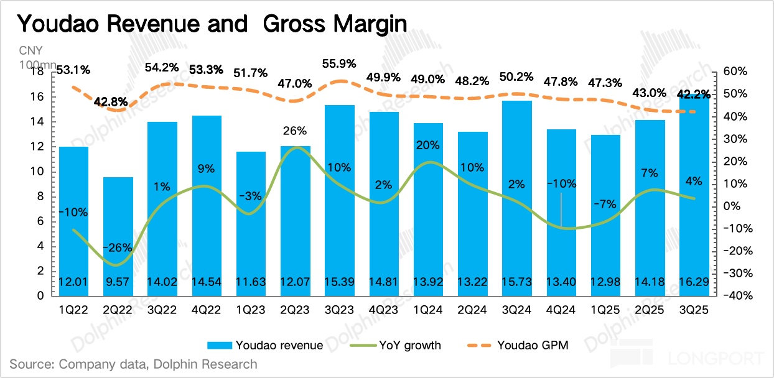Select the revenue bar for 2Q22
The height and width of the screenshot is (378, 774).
tap(118, 236)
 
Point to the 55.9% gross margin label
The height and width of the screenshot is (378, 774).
tap(340, 63)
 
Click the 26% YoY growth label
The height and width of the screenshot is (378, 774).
tap(294, 131)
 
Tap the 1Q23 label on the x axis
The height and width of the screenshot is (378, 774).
tap(251, 307)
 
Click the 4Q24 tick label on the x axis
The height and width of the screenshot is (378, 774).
tap(561, 307)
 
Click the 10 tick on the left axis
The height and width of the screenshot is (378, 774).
tap(38, 172)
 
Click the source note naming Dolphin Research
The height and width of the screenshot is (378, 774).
tap(133, 364)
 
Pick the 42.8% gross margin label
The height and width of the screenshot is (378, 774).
tap(112, 101)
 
